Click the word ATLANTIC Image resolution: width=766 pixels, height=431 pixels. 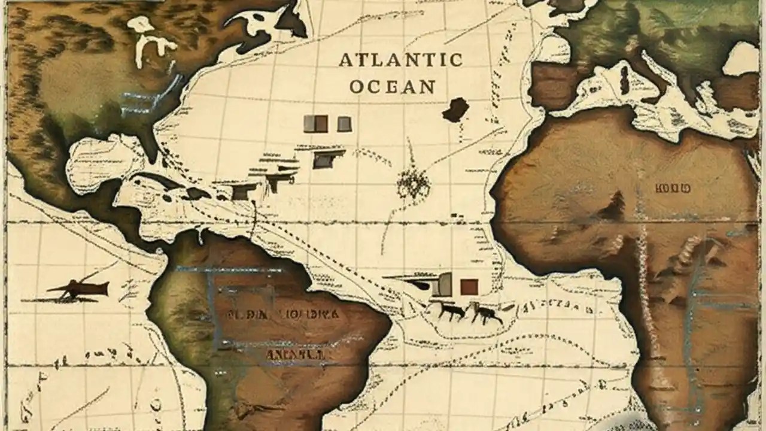point(400,60)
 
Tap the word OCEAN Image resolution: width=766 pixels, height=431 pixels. point(392,86)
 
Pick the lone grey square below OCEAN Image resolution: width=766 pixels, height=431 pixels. point(344,124)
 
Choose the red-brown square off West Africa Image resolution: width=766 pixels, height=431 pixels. point(469,287)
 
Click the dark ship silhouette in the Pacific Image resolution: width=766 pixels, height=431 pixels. point(78,290)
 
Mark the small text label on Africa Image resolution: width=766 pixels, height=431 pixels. point(673,189)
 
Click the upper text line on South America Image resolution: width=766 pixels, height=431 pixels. point(284,313)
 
